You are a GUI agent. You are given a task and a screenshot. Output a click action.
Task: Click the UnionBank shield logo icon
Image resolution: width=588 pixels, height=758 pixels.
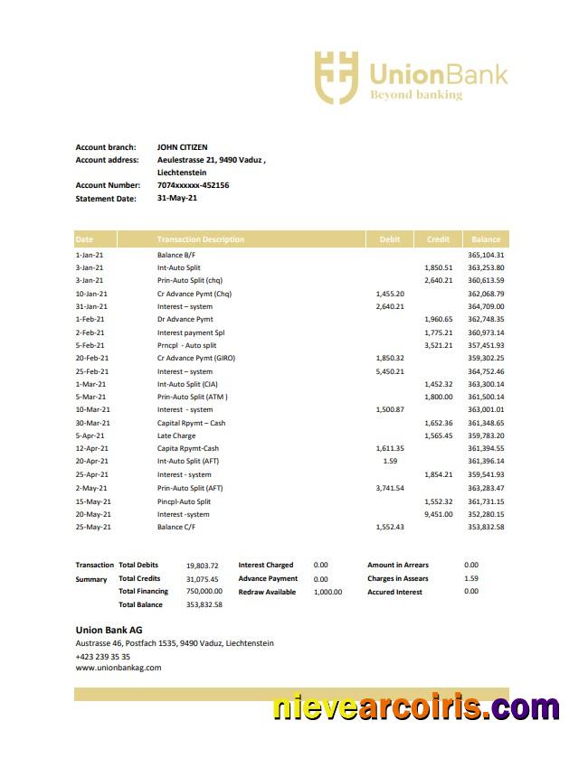337,77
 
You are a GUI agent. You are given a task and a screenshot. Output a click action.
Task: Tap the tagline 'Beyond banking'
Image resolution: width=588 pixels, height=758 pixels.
415,95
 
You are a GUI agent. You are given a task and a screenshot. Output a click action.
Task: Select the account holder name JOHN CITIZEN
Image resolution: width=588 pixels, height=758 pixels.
182,147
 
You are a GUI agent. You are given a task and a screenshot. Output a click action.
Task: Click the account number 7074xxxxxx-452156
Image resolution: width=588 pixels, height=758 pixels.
193,185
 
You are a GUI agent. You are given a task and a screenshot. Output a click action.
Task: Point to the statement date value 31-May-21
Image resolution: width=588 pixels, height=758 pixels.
176,198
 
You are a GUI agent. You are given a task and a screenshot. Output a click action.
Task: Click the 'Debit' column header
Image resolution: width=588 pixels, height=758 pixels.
390,239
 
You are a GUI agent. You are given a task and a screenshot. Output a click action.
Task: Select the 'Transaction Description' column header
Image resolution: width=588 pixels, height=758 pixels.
200,239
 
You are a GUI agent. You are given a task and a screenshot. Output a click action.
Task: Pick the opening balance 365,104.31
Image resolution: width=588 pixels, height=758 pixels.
486,255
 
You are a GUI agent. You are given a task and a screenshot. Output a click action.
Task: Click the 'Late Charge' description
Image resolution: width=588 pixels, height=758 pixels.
175,435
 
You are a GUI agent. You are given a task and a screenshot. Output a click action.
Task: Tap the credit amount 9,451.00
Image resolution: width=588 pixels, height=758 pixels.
438,514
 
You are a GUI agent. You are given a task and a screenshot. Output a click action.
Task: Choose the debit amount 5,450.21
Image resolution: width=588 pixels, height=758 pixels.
390,371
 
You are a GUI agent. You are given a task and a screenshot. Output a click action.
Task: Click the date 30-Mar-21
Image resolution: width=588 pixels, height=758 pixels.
92,423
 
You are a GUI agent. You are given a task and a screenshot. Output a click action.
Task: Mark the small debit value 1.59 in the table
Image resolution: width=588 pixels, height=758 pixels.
390,462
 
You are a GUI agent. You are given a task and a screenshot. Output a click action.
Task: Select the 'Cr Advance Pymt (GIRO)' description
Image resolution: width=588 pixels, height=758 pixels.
196,358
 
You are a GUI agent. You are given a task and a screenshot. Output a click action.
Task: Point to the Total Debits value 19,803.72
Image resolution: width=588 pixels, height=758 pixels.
203,566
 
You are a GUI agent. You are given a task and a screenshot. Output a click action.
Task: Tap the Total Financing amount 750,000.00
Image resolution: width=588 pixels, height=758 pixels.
204,592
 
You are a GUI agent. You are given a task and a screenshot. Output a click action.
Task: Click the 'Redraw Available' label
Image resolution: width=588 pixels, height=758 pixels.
267,592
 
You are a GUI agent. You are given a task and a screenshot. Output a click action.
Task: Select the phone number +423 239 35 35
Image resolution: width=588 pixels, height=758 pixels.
102,657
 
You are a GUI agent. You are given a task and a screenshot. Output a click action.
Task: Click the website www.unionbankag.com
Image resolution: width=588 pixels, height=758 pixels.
118,668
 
